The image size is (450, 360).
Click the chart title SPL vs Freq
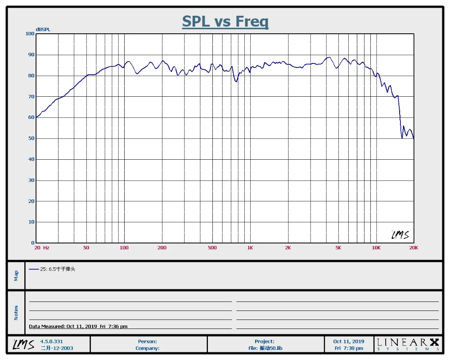click(225, 21)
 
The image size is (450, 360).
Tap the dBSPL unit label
click(43, 29)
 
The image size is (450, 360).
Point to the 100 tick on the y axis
click(30, 34)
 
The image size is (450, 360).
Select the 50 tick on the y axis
click(31, 138)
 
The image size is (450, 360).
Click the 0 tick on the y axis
click(33, 243)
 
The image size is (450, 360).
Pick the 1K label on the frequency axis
click(250, 248)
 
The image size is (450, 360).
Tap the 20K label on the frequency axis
click(414, 248)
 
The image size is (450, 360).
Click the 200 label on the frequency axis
click(162, 248)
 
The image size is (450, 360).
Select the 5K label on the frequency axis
click(338, 248)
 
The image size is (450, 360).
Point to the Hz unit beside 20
click(46, 248)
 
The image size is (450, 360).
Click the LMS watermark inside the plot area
click(400, 235)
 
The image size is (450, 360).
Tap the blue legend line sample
click(34, 269)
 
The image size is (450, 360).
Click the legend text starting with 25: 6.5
click(58, 269)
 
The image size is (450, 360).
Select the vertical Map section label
click(16, 275)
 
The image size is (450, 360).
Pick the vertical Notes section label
click(16, 313)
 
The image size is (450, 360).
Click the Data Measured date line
click(78, 326)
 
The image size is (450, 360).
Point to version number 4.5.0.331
click(51, 342)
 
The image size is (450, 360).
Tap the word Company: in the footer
click(148, 348)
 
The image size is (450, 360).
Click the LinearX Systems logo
click(408, 344)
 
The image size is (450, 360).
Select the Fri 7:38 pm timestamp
click(349, 348)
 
